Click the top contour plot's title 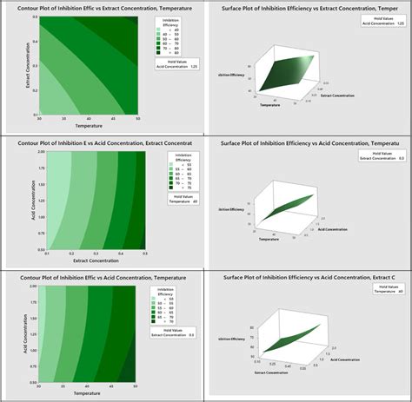pyautogui.click(x=103, y=9)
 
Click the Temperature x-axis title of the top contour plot pyautogui.click(x=87, y=125)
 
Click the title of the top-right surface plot pyautogui.click(x=309, y=9)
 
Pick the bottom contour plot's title pyautogui.click(x=103, y=276)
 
